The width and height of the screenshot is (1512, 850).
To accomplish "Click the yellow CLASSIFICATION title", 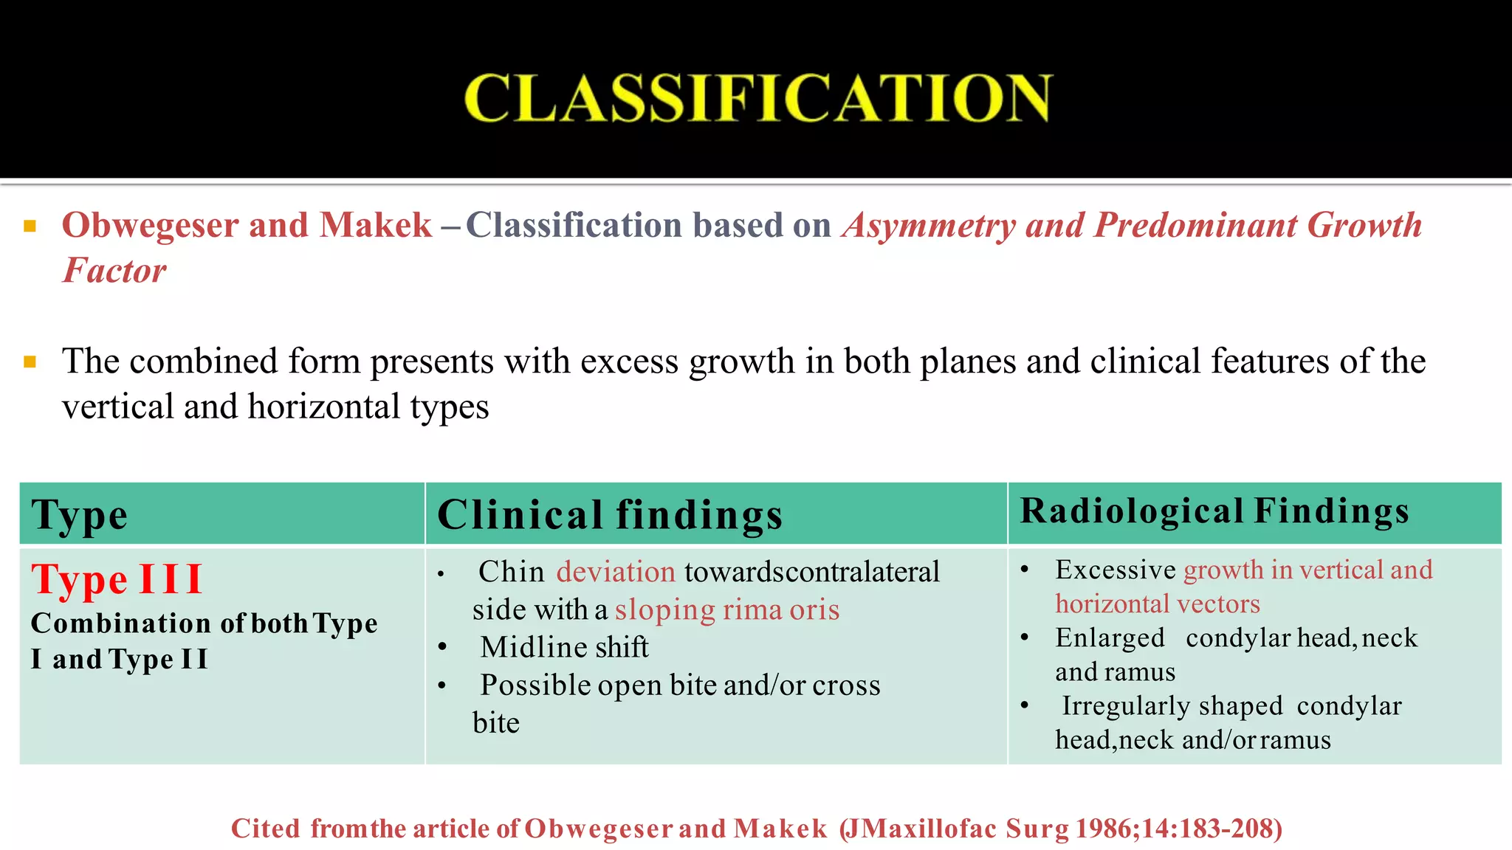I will click(x=757, y=98).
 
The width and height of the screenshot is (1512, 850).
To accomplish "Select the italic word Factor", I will click(x=114, y=271).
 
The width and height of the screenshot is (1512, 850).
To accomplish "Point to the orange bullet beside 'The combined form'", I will click(x=30, y=362).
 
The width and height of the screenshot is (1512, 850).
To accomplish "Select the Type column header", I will click(x=80, y=515).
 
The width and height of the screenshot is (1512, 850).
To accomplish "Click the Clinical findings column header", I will click(x=610, y=515).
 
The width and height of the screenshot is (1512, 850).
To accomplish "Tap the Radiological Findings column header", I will click(x=1214, y=511).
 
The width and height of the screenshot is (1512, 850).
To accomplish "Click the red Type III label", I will click(x=117, y=579).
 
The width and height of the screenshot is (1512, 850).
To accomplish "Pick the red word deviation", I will click(x=616, y=572).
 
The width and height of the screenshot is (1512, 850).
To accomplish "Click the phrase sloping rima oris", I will click(x=727, y=610).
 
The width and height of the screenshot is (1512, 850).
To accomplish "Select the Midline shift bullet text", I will click(x=564, y=647).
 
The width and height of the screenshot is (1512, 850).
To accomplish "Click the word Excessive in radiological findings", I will click(x=1115, y=570).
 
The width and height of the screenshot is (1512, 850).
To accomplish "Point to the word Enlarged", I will click(x=1110, y=637).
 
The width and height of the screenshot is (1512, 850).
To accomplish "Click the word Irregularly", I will click(x=1125, y=706).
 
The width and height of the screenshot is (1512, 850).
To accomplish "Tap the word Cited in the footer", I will click(x=266, y=829).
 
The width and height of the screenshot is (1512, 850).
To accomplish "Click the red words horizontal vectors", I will click(x=1157, y=604).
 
